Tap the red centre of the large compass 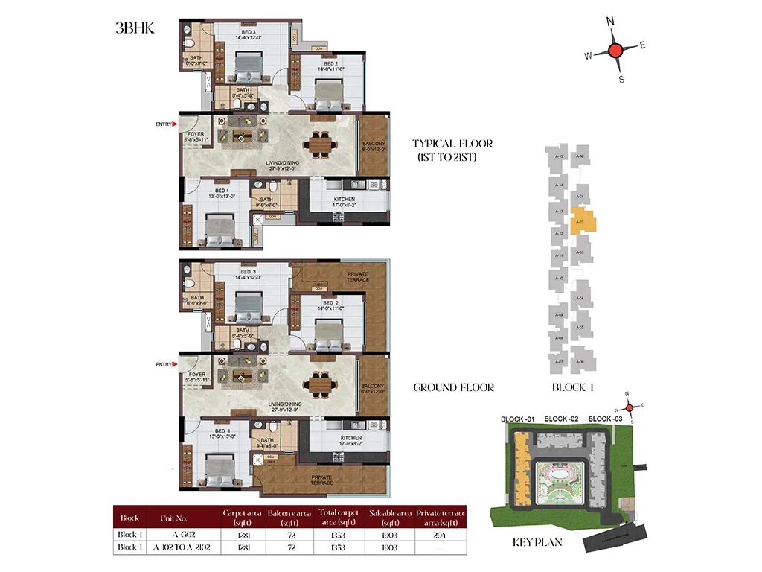(615, 51)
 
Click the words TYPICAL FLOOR (452, 143)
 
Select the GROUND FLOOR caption (453, 387)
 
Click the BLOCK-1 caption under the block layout (572, 387)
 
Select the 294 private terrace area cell (441, 534)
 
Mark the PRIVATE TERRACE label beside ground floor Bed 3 (356, 276)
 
